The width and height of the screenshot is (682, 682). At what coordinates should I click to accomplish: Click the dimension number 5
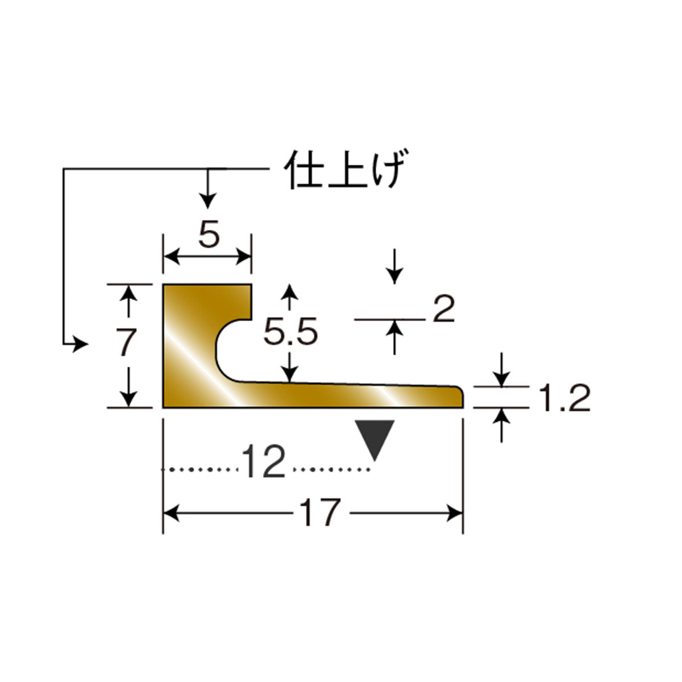(x=209, y=234)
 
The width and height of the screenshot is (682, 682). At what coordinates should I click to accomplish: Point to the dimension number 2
(x=444, y=309)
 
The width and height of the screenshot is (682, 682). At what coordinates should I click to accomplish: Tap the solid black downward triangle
(x=375, y=438)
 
